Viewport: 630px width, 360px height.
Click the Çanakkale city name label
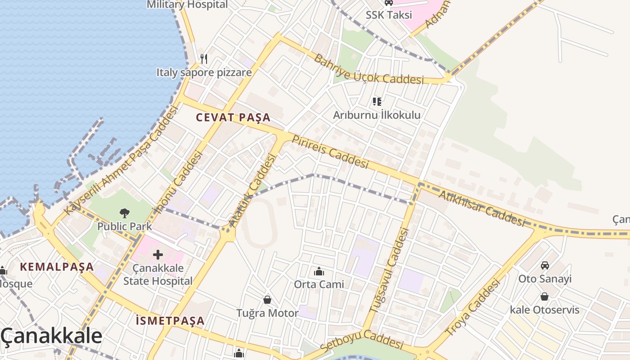51,336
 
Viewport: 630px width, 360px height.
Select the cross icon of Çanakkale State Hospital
158,255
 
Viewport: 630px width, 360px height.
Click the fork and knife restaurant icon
204,58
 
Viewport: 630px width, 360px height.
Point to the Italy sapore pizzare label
204,72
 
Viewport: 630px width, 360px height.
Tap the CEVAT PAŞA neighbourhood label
233,118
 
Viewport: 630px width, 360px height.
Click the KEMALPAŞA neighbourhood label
57,267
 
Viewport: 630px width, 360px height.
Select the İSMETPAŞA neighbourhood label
170,321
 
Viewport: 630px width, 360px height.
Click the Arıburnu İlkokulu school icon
377,102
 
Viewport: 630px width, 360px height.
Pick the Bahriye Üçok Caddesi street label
369,70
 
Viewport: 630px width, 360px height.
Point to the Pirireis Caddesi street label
330,152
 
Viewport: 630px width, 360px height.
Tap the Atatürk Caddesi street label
252,190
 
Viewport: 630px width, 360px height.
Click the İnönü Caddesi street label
179,182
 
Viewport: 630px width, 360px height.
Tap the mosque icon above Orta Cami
319,271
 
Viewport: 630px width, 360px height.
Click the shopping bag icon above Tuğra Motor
267,300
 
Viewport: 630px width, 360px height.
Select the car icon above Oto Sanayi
545,265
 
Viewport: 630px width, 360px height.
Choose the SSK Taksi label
389,15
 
